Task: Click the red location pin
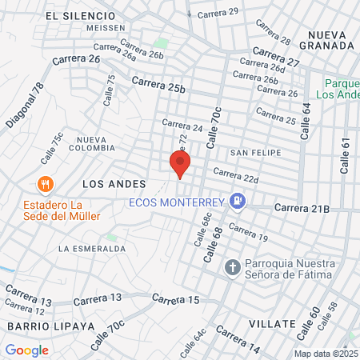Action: [180, 164]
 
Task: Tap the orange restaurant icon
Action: [45, 183]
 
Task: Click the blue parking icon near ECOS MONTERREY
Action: [237, 202]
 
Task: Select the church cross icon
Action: [232, 266]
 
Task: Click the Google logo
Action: [26, 350]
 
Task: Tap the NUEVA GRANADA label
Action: [331, 40]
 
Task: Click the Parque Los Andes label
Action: [342, 88]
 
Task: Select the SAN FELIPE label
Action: [250, 152]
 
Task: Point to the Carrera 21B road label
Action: [302, 209]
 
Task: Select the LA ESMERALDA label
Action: [92, 248]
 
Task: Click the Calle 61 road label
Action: [346, 155]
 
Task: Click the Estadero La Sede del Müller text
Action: [45, 210]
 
